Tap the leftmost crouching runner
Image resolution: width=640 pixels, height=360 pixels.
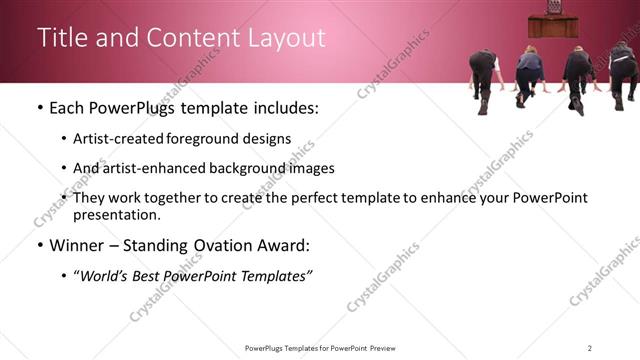(x=484, y=77)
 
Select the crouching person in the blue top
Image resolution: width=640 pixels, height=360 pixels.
(x=528, y=75)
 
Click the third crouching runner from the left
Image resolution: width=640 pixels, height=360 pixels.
(x=578, y=75)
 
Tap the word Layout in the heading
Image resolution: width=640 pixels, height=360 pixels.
(x=289, y=38)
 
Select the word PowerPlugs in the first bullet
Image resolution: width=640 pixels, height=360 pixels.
(x=128, y=107)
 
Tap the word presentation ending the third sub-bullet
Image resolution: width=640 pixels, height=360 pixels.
(x=116, y=214)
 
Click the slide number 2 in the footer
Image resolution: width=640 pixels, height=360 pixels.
(x=589, y=348)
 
